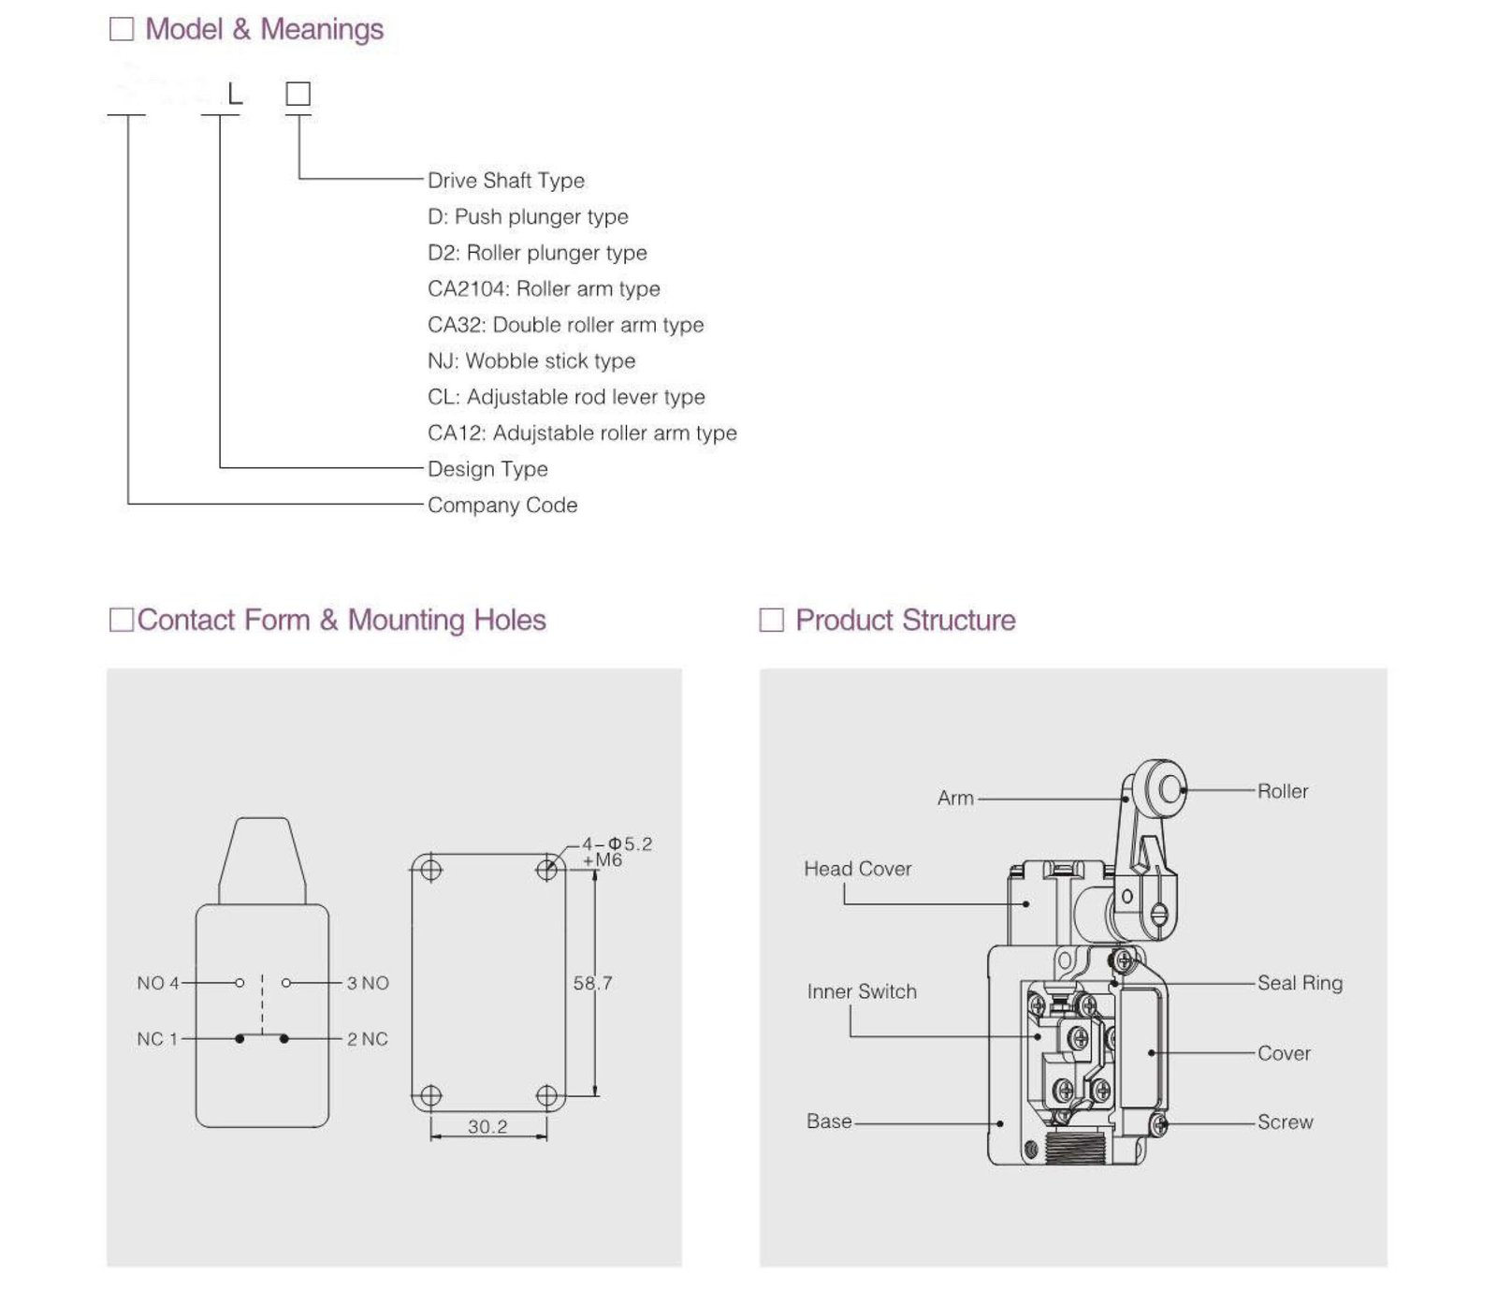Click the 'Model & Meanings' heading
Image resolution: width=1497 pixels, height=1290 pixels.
(264, 30)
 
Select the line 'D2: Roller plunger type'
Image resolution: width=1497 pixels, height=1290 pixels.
(537, 253)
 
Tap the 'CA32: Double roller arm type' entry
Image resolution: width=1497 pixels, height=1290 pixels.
(565, 325)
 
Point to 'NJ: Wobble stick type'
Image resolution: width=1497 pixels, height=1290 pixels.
(530, 360)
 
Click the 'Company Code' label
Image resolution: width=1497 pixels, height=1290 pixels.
(502, 506)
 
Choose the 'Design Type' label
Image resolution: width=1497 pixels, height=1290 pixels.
(487, 469)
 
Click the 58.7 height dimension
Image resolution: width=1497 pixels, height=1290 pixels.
(592, 983)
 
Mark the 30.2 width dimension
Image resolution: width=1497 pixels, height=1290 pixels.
(487, 1126)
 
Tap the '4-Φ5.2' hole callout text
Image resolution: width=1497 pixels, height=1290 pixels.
(618, 844)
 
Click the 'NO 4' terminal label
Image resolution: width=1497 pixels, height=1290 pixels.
(157, 983)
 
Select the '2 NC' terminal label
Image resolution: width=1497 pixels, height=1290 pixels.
(368, 1039)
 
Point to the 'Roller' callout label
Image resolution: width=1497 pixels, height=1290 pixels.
(1282, 792)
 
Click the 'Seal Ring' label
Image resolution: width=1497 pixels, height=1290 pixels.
(1300, 983)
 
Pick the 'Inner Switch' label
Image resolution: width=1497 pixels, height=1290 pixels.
(862, 991)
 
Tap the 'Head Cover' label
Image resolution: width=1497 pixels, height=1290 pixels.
(857, 869)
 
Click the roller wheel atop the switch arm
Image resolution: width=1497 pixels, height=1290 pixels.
(1168, 789)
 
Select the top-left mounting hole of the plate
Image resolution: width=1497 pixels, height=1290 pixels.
(430, 870)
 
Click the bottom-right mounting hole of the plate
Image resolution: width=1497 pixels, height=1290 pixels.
(546, 1095)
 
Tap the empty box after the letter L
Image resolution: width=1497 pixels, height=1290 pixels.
(298, 94)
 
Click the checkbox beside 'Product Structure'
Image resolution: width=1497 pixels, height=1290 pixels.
(771, 620)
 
